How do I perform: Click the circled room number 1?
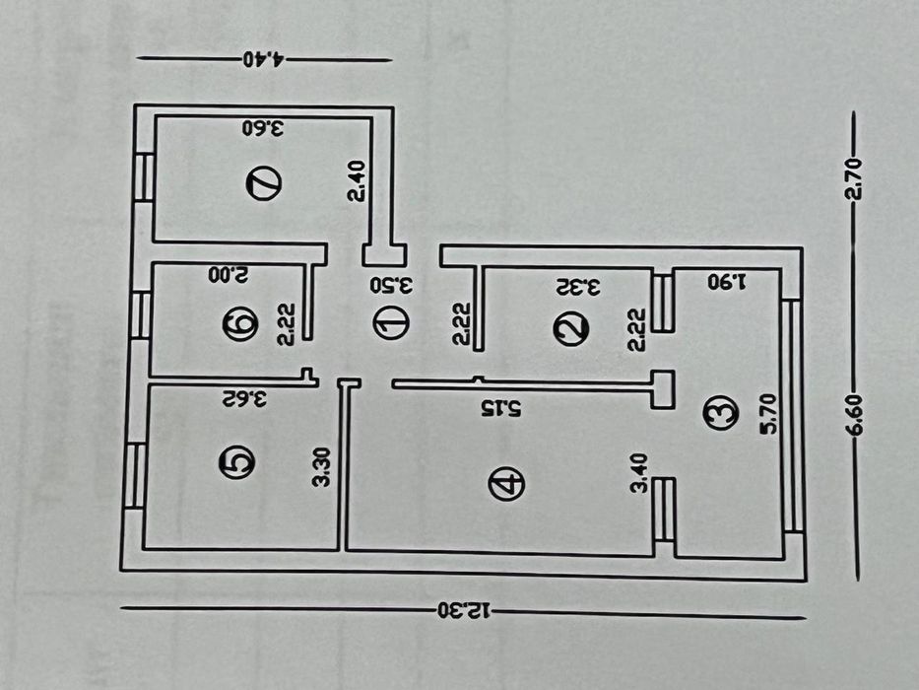click(391, 323)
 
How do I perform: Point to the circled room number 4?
click(506, 484)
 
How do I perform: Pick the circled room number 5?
click(236, 462)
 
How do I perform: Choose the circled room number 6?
click(240, 324)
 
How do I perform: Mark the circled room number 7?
click(264, 183)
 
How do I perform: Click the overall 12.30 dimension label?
click(463, 611)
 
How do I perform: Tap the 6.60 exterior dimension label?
click(856, 414)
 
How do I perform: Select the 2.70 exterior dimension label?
click(855, 178)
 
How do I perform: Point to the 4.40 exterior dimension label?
click(264, 59)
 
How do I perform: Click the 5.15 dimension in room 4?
click(500, 408)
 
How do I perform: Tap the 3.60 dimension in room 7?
click(264, 127)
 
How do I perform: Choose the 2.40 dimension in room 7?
click(357, 180)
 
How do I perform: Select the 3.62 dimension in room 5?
click(244, 399)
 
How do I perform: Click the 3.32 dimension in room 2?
click(578, 287)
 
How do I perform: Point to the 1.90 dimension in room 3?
click(727, 282)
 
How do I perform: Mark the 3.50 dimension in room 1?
click(391, 285)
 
